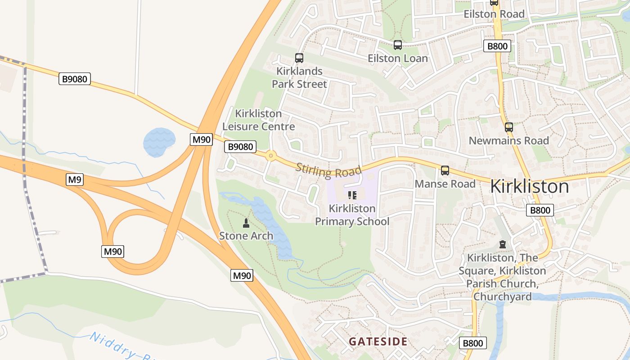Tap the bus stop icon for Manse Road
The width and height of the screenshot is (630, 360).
click(445, 171)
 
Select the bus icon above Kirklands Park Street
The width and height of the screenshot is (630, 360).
click(299, 58)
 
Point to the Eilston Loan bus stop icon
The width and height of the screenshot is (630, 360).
click(398, 45)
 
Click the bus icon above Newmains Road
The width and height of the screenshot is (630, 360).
click(509, 127)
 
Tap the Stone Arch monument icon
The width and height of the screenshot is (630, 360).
click(246, 223)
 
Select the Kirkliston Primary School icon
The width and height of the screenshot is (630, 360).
click(352, 195)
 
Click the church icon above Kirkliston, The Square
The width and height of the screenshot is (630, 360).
click(502, 244)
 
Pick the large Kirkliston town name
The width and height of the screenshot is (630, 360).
click(529, 186)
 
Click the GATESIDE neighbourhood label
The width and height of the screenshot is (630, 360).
click(378, 342)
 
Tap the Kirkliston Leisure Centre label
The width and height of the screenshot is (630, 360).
click(259, 120)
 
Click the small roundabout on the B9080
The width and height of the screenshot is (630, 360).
click(270, 156)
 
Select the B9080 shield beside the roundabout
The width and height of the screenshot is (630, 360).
click(240, 147)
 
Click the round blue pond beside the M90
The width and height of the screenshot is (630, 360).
click(158, 142)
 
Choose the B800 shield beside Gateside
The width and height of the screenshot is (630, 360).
click(473, 343)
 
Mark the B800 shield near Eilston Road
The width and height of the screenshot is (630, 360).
click(497, 46)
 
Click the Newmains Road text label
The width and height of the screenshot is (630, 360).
click(509, 141)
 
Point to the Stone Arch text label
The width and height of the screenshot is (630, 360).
click(246, 236)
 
